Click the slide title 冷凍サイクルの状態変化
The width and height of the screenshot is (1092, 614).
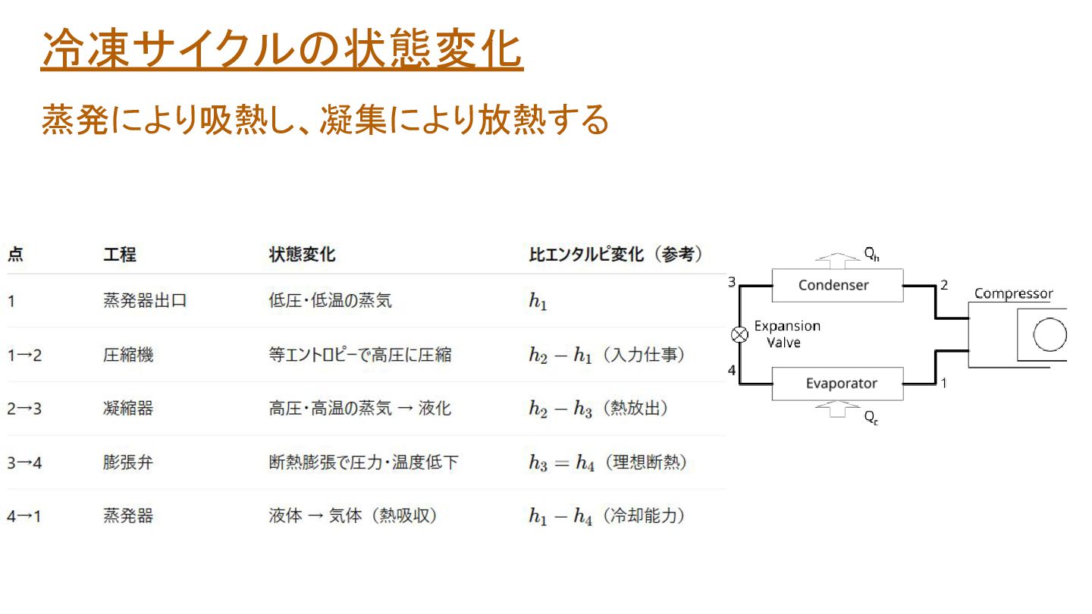[x=282, y=51]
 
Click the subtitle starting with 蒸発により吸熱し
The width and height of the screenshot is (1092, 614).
[x=325, y=120]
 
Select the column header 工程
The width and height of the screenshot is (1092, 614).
[x=120, y=255]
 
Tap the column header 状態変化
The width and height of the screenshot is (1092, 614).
[x=302, y=255]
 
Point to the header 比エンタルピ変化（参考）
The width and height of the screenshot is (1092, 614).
[x=616, y=255]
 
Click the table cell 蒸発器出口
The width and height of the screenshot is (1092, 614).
[x=145, y=301]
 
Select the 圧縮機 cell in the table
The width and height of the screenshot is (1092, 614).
[x=128, y=354]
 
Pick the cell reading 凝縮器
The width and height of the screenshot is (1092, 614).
[x=128, y=408]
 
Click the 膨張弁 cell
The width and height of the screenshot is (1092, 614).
[x=128, y=462]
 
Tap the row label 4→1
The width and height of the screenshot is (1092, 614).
[x=24, y=516]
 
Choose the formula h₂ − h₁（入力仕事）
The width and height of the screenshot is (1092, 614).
[x=607, y=355]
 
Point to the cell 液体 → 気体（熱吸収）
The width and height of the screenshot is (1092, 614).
[x=353, y=516]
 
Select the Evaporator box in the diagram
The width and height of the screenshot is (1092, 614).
[x=837, y=384]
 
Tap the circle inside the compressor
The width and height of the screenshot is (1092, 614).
[x=1050, y=334]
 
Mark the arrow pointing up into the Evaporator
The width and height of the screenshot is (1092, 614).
[x=837, y=409]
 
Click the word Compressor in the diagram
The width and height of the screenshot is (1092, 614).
[x=1013, y=293]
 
